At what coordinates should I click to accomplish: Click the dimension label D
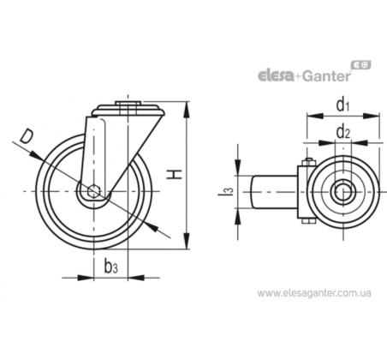point(27,136)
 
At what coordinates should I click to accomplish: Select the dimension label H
point(175,174)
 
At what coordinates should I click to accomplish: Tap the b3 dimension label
point(110,267)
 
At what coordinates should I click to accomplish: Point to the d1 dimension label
point(342,105)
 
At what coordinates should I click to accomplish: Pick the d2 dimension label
point(343,132)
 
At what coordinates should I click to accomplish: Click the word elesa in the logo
point(276,76)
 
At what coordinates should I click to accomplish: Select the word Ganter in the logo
point(326,76)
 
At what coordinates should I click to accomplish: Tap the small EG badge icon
point(361,65)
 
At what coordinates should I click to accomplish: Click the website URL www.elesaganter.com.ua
point(314,293)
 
